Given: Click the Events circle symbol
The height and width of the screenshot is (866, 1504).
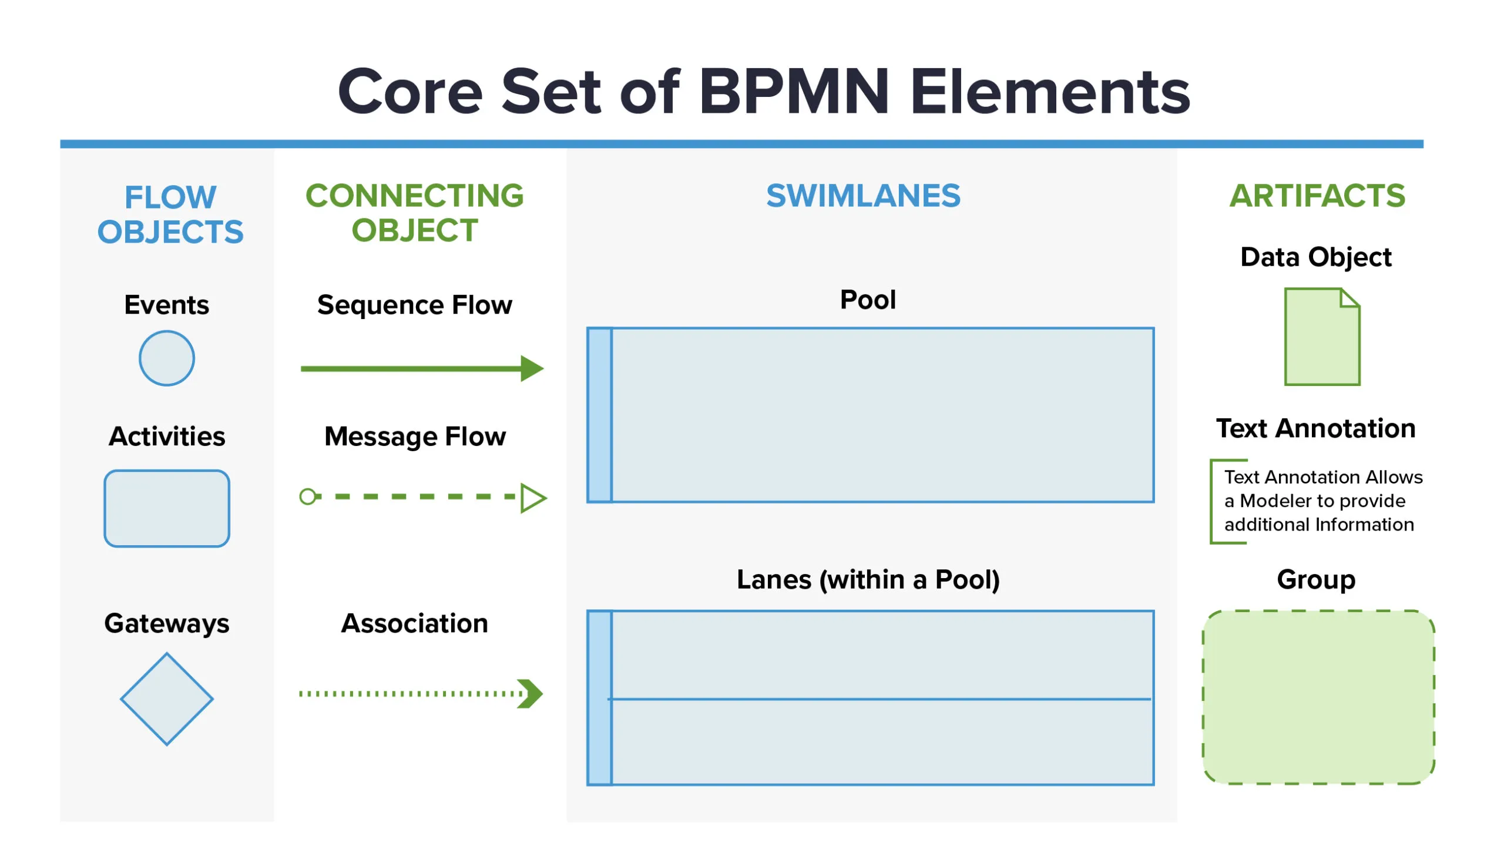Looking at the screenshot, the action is pos(166,358).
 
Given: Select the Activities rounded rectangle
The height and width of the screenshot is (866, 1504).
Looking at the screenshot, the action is pos(166,509).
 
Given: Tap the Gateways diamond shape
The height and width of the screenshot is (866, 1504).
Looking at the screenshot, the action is pos(166,699).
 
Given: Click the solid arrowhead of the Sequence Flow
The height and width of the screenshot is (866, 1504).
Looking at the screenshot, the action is pos(532,369).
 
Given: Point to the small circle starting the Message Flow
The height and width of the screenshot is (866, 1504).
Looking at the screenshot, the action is pos(307,496).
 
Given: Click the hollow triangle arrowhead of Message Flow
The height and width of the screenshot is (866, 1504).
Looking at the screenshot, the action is pos(533,498).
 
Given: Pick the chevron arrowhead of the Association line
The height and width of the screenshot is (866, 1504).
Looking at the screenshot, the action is pos(530,693).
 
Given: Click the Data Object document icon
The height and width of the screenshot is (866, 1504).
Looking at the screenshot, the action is pos(1322,337).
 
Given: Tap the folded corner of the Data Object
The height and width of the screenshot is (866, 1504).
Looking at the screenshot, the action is pos(1350,297).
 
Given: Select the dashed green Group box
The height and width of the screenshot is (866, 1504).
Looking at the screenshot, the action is pos(1318,697).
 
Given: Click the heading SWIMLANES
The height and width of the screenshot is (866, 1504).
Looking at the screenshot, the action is pos(863,196).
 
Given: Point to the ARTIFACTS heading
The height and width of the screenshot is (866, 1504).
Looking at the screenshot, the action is pos(1317,196).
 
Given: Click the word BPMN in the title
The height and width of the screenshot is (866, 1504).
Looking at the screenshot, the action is pos(794,92).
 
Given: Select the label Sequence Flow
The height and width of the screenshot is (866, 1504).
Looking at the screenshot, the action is pos(415,304).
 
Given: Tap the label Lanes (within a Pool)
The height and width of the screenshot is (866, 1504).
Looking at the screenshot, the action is pos(868,579).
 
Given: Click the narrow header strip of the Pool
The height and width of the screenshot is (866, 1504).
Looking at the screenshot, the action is pos(599,415).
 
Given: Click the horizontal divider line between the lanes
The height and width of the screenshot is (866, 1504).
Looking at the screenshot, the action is pos(879,699).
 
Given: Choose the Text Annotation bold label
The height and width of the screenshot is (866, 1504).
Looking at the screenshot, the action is pos(1315,428).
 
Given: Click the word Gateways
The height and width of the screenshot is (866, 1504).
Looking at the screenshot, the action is pos(166,624).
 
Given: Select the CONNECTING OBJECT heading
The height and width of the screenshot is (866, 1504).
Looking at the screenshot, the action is pos(415,213).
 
